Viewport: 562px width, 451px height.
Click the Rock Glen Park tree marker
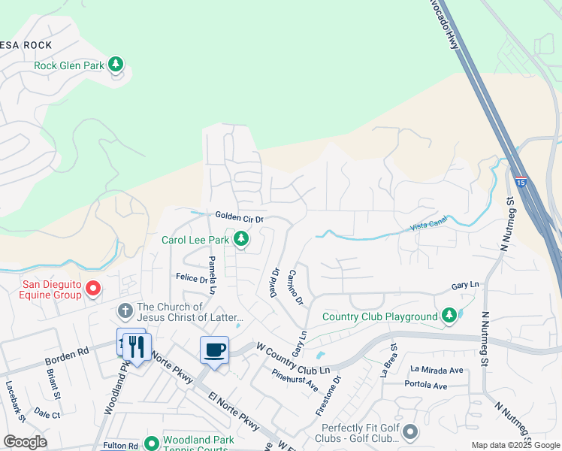point(116,64)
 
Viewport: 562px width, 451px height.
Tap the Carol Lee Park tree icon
point(240,240)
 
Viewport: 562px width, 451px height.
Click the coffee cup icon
point(214,350)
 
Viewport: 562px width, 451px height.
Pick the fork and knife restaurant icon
point(135,346)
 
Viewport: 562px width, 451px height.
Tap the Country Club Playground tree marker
point(449,316)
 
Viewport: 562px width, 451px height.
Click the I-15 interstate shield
point(521,182)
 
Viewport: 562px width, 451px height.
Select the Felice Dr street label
point(191,277)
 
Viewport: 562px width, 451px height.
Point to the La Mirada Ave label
point(437,370)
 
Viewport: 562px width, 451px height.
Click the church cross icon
point(125,310)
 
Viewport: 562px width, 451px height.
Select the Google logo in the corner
point(25,442)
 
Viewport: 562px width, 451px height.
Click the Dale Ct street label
point(47,414)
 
